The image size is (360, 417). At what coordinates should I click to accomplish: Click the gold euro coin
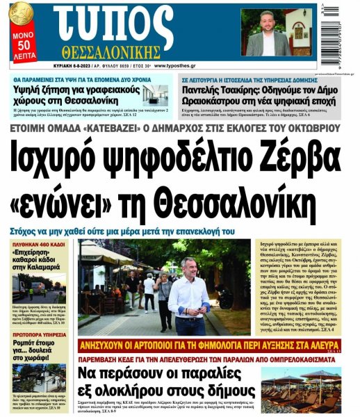tap(20, 13)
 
